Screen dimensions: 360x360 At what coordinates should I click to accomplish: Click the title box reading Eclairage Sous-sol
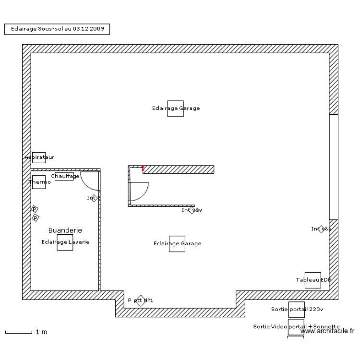pos(57,29)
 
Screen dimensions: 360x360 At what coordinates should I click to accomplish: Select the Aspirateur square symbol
pos(39,157)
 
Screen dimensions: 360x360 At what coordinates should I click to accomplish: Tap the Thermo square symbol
pos(39,182)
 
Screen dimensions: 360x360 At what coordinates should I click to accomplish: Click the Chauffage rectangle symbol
pos(64,176)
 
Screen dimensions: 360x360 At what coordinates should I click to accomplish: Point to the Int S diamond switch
pos(95,198)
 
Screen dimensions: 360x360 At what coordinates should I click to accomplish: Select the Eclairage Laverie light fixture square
pos(65,242)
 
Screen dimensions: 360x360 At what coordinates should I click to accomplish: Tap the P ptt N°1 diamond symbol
pos(140,300)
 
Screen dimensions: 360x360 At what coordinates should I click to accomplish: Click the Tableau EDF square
pos(312,280)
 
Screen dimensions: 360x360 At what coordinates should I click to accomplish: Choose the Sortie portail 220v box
pos(296,310)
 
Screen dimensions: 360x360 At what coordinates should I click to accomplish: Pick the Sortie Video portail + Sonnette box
pos(296,327)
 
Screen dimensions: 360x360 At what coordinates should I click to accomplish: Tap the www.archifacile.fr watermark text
pos(327,331)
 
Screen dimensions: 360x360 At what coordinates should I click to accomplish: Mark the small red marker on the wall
pos(143,168)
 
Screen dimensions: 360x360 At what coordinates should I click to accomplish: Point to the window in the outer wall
pos(333,167)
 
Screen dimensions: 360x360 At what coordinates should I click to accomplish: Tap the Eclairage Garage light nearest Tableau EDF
pos(177,243)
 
